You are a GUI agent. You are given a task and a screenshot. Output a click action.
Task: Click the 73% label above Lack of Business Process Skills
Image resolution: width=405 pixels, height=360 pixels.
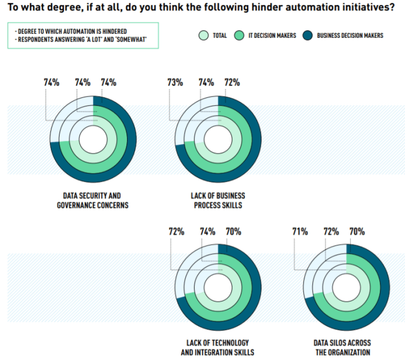175,82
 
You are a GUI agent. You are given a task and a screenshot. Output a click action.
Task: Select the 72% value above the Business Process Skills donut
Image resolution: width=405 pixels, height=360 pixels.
233,82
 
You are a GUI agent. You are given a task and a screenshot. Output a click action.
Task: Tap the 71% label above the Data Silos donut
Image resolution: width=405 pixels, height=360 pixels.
300,231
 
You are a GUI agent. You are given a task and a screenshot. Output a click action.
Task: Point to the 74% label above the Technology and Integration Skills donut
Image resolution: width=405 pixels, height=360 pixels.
207,231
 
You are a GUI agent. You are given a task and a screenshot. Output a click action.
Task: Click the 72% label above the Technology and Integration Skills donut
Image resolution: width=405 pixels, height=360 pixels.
176,231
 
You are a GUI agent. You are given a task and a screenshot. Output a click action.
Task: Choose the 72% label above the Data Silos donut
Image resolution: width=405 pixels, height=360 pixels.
331,231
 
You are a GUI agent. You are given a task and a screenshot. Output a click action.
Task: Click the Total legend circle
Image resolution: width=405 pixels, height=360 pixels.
204,36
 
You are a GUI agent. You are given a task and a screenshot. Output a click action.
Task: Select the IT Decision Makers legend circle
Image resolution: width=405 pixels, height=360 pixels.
240,36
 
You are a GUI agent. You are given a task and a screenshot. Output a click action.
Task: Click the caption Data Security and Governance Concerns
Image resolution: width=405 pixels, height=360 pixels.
93,200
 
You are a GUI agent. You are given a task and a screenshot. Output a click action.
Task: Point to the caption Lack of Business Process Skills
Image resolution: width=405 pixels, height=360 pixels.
218,200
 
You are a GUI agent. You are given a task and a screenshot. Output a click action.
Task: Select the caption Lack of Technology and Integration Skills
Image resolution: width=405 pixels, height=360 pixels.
217,347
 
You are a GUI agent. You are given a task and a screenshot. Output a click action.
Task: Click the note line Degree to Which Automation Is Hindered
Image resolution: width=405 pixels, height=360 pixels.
71,30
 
